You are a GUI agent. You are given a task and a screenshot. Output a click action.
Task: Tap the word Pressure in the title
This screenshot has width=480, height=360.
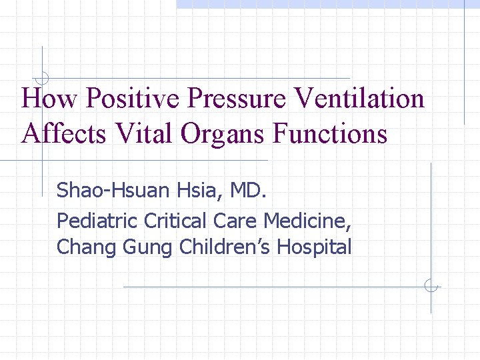[x=237, y=99]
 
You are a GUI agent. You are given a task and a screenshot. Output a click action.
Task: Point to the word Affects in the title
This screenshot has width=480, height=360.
[x=63, y=134]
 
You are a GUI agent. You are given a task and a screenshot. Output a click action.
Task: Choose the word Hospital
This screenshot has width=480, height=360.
[x=314, y=247]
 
